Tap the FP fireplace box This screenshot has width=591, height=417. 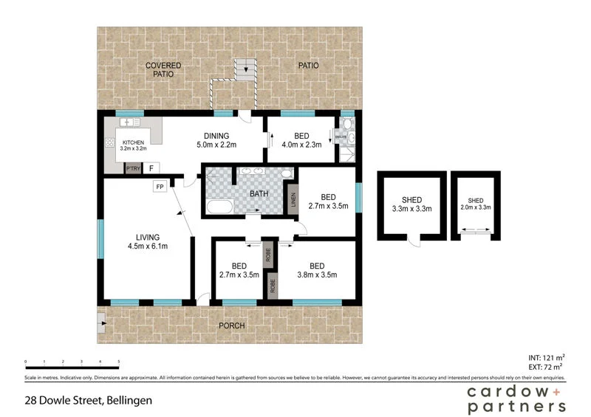pyautogui.click(x=159, y=187)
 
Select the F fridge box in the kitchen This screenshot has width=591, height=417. pyautogui.click(x=151, y=168)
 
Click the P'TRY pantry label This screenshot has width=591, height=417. pyautogui.click(x=133, y=169)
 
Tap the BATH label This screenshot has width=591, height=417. pyautogui.click(x=259, y=194)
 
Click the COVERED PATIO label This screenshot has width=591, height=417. pyautogui.click(x=163, y=69)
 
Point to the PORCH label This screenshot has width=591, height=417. pyautogui.click(x=232, y=325)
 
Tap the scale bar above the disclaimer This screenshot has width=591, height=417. pyautogui.click(x=72, y=365)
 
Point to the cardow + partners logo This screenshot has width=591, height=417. pyautogui.click(x=516, y=398)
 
